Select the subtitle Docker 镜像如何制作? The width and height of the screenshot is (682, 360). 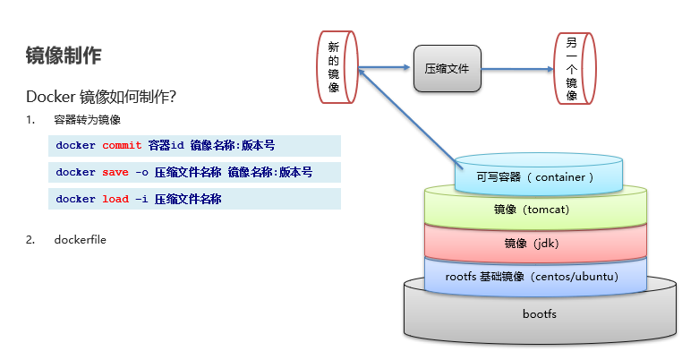106,97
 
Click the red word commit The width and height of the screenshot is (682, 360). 122,145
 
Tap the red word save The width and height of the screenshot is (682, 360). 115,172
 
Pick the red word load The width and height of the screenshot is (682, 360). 115,199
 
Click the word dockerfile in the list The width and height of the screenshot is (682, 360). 80,239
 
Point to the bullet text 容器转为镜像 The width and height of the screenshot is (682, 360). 87,120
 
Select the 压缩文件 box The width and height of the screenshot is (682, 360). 448,68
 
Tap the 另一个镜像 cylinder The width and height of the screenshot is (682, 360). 572,67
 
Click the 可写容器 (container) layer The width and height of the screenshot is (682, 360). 536,176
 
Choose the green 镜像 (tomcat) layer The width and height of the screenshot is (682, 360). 535,210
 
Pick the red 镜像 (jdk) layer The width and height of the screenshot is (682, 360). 534,243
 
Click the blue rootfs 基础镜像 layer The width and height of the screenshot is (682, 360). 534,277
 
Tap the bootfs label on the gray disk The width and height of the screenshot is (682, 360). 539,314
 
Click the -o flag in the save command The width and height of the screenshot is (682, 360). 141,172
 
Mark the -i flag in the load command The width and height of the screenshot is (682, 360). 141,199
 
